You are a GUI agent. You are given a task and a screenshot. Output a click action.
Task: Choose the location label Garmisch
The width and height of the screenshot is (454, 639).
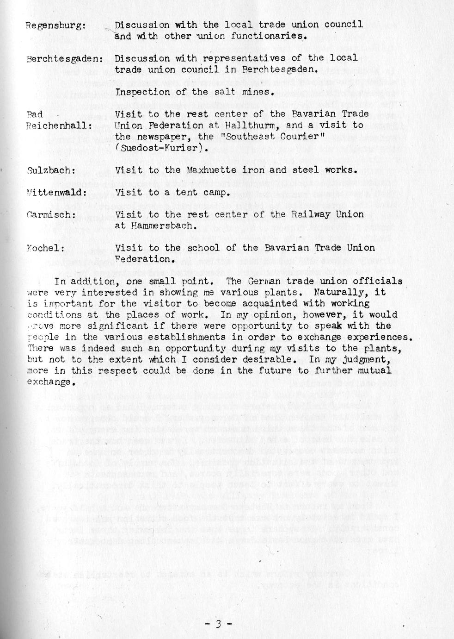pyautogui.click(x=50, y=215)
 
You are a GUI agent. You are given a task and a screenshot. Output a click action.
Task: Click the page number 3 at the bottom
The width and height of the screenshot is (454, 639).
pyautogui.click(x=218, y=624)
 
